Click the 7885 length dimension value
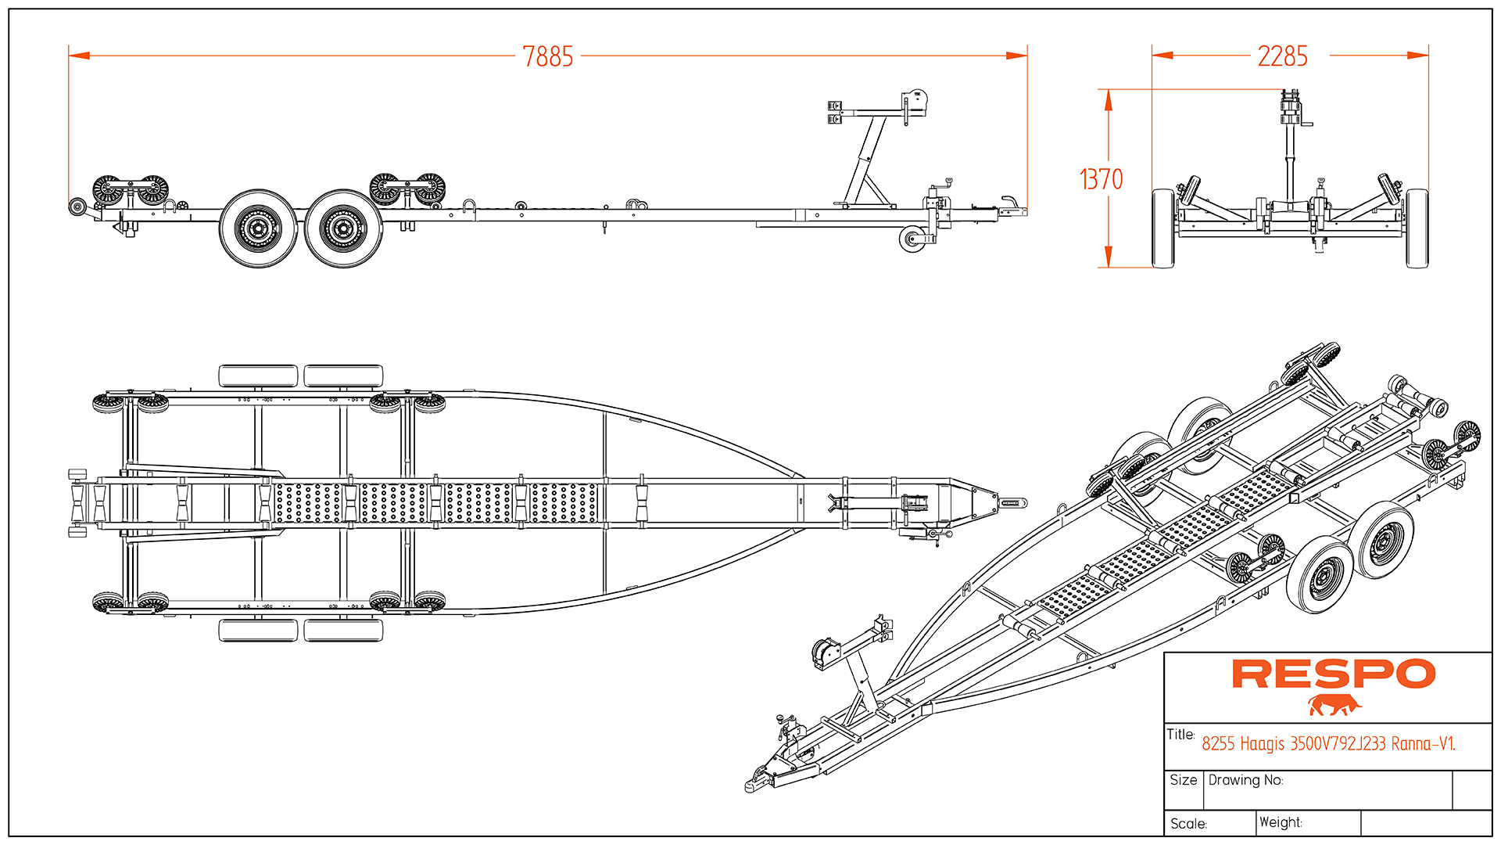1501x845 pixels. (x=547, y=57)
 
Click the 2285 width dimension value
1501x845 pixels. (x=1282, y=56)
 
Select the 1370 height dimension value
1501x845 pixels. (x=1101, y=179)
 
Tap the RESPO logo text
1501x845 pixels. (x=1333, y=674)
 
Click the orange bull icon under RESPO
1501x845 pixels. (x=1334, y=705)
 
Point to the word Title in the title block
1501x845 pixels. (x=1180, y=734)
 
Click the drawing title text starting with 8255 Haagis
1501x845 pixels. (x=1328, y=743)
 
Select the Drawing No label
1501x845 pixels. (x=1245, y=780)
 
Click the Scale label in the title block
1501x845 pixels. (x=1188, y=824)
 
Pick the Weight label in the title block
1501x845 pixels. (x=1281, y=822)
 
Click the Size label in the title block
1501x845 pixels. (x=1184, y=780)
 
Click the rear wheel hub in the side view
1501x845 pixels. (x=258, y=228)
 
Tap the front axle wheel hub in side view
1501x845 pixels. (x=342, y=228)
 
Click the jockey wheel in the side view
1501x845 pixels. (x=912, y=239)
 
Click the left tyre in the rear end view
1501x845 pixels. (x=1163, y=228)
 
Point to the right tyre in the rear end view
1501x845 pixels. (x=1417, y=228)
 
